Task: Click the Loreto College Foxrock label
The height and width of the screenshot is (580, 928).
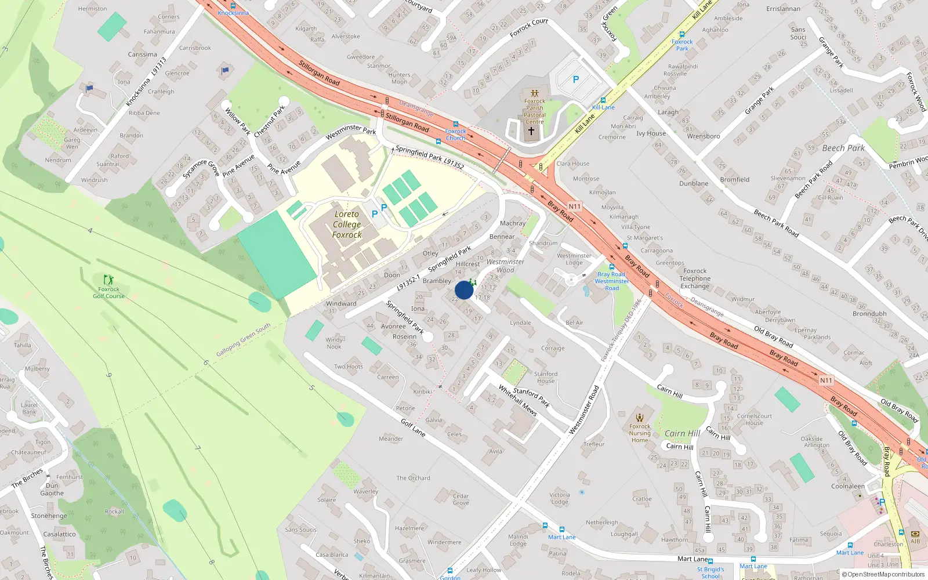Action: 347,224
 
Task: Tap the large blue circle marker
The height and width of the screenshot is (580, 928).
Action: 464,290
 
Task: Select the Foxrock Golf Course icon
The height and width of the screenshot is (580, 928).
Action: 108,280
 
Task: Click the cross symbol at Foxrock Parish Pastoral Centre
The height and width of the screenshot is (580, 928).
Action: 531,131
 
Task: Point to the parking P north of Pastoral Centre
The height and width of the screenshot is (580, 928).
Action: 575,79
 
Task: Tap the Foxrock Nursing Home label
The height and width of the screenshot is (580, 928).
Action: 640,433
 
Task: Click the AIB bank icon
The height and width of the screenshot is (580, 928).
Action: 915,534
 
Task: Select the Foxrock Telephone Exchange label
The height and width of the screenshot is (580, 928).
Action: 695,278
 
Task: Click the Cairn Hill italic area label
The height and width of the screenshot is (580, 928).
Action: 682,433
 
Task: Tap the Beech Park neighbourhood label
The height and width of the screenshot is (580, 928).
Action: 843,148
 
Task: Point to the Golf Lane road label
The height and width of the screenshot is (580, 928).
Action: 413,427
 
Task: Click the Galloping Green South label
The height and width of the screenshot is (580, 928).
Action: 243,340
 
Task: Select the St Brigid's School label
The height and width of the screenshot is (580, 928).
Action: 710,572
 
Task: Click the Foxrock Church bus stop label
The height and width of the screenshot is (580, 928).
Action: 455,135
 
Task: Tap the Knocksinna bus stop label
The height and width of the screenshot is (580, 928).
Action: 233,13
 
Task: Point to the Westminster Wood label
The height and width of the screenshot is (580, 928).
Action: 505,266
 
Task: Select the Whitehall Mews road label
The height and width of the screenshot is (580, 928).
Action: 517,400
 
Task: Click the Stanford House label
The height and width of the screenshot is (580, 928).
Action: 545,378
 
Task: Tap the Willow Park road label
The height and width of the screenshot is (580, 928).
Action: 237,121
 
